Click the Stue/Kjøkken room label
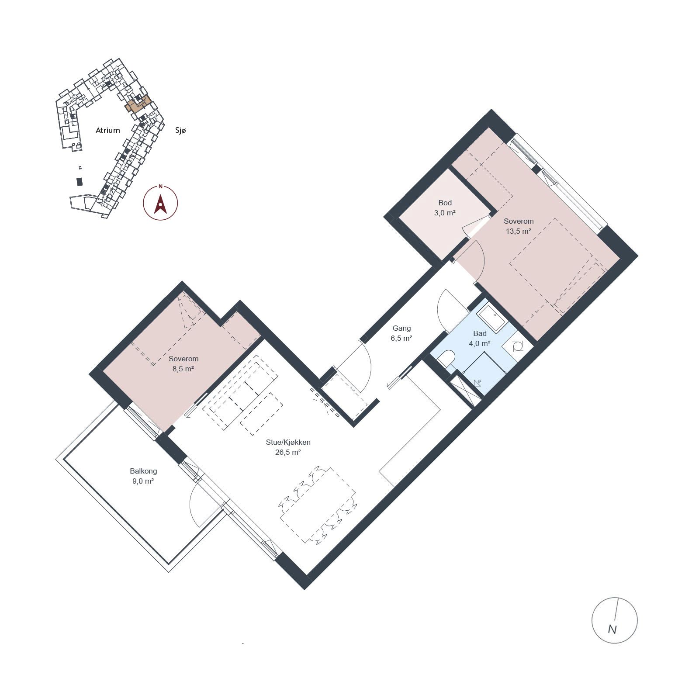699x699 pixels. (x=288, y=442)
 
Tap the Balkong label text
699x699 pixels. (x=143, y=471)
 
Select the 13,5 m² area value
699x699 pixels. (x=519, y=232)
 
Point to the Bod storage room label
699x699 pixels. (x=445, y=203)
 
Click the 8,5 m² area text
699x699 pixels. (x=183, y=369)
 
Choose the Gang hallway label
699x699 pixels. (x=401, y=328)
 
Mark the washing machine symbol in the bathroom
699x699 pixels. (x=518, y=346)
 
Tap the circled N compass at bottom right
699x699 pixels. (x=614, y=620)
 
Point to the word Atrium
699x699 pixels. (x=107, y=130)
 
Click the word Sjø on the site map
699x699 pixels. (x=180, y=130)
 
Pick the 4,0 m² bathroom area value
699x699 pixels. (x=479, y=343)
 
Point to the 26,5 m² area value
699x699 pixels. (x=288, y=453)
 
